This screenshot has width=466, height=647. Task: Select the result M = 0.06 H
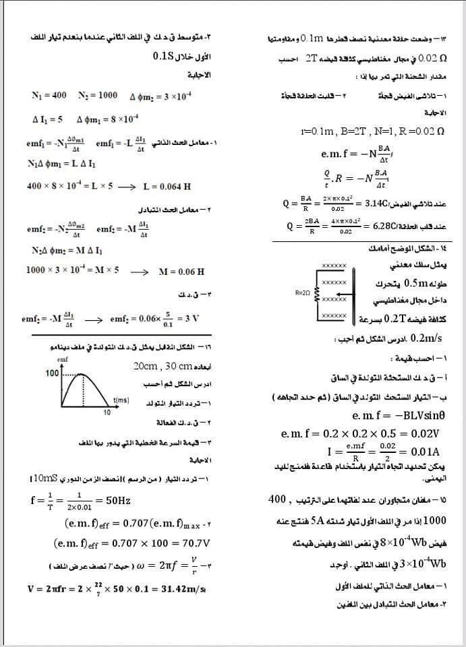pyautogui.click(x=181, y=272)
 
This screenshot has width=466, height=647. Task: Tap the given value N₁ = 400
pyautogui.click(x=49, y=96)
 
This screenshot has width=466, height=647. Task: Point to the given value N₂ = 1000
pyautogui.click(x=97, y=96)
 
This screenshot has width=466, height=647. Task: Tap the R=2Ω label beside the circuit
pyautogui.click(x=303, y=292)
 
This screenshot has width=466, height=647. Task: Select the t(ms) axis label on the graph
pyautogui.click(x=121, y=400)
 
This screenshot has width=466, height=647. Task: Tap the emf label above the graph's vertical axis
pyautogui.click(x=63, y=361)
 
